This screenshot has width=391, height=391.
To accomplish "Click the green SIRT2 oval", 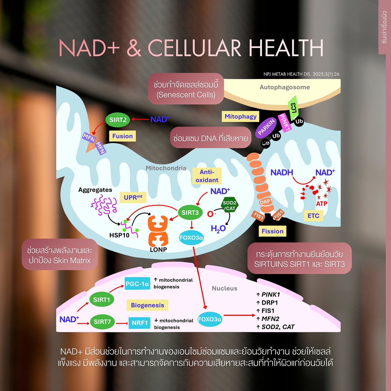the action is [118, 120].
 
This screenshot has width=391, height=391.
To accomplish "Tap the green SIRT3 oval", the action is [190, 213].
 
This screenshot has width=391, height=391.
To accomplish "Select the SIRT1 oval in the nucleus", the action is [101, 299].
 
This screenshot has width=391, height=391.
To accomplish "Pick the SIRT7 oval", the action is [102, 322].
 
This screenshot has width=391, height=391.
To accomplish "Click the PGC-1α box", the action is [137, 283].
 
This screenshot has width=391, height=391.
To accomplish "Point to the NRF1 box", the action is [139, 323].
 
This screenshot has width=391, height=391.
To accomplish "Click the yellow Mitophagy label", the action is [240, 116].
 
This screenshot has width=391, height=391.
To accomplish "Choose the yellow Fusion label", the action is [123, 136].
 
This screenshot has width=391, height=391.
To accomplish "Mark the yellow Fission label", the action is [273, 231].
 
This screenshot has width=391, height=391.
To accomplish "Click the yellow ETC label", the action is [313, 216].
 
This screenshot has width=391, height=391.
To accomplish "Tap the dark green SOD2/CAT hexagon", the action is [230, 205].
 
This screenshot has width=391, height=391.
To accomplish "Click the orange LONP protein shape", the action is [158, 231].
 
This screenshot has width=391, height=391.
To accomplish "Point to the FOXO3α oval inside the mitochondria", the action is [191, 237].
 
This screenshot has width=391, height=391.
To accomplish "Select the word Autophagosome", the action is [285, 87].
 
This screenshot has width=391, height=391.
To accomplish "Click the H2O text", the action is [218, 229].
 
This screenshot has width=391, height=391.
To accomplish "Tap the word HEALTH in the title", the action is [286, 48].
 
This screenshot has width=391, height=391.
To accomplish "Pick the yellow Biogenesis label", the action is [147, 305].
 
